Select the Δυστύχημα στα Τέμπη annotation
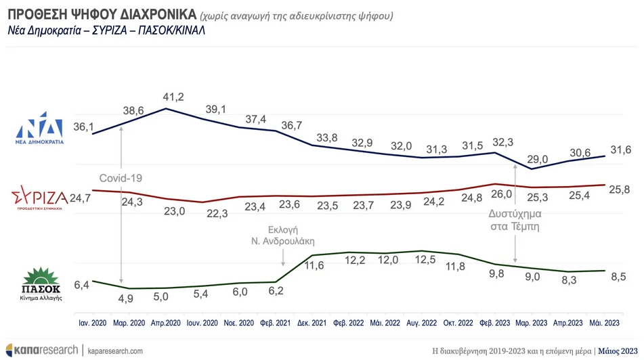pos(515,221)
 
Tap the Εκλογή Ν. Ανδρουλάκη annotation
pos(282,235)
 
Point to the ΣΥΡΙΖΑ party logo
pos(39,199)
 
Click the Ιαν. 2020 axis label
pos(93,323)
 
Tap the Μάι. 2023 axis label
pos(605,323)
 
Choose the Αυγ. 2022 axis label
pos(423,323)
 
